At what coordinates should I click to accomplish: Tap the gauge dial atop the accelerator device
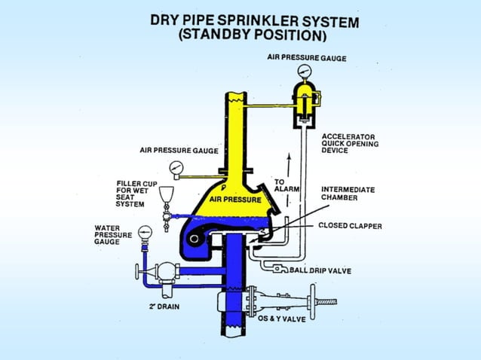(x=305, y=71)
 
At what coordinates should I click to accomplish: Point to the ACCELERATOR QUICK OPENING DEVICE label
(x=350, y=144)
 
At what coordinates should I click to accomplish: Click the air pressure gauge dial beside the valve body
(x=176, y=167)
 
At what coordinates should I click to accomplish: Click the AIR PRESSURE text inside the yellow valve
(x=235, y=200)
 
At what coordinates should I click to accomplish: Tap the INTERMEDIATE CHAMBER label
(x=348, y=194)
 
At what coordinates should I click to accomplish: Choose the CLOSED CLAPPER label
(x=349, y=224)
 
